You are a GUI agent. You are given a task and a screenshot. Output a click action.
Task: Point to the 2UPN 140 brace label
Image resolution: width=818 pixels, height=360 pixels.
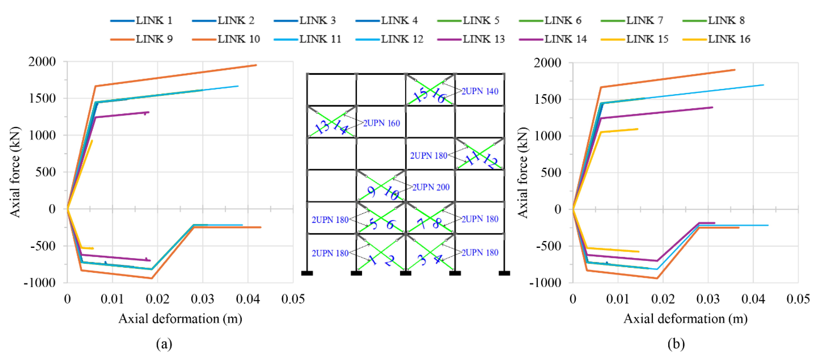[480, 91]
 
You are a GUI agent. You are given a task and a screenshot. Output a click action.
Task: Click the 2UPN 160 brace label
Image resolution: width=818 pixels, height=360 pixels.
[381, 123]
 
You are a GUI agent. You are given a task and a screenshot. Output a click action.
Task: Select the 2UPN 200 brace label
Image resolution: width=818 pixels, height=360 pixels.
[431, 187]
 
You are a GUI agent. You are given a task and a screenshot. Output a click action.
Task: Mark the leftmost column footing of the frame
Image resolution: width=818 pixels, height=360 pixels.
[307, 273]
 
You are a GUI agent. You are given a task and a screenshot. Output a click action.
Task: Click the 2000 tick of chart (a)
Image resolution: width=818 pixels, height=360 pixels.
[42, 61]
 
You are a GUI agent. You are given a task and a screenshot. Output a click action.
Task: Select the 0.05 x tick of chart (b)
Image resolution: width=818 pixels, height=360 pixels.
[798, 299]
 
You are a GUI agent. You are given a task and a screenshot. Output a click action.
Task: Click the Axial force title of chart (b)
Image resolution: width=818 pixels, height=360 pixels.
[522, 173]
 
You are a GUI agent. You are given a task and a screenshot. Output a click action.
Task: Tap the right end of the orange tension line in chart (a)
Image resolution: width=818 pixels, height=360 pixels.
[256, 65]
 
